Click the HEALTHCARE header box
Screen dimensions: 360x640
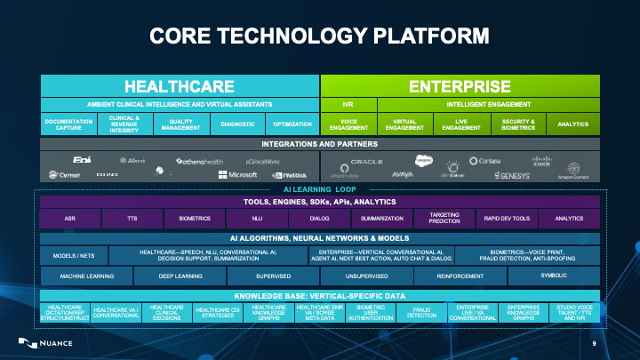179,86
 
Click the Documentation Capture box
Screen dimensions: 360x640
69,124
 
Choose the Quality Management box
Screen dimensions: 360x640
180,124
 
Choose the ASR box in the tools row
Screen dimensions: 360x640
69,217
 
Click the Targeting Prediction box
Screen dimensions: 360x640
444,217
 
